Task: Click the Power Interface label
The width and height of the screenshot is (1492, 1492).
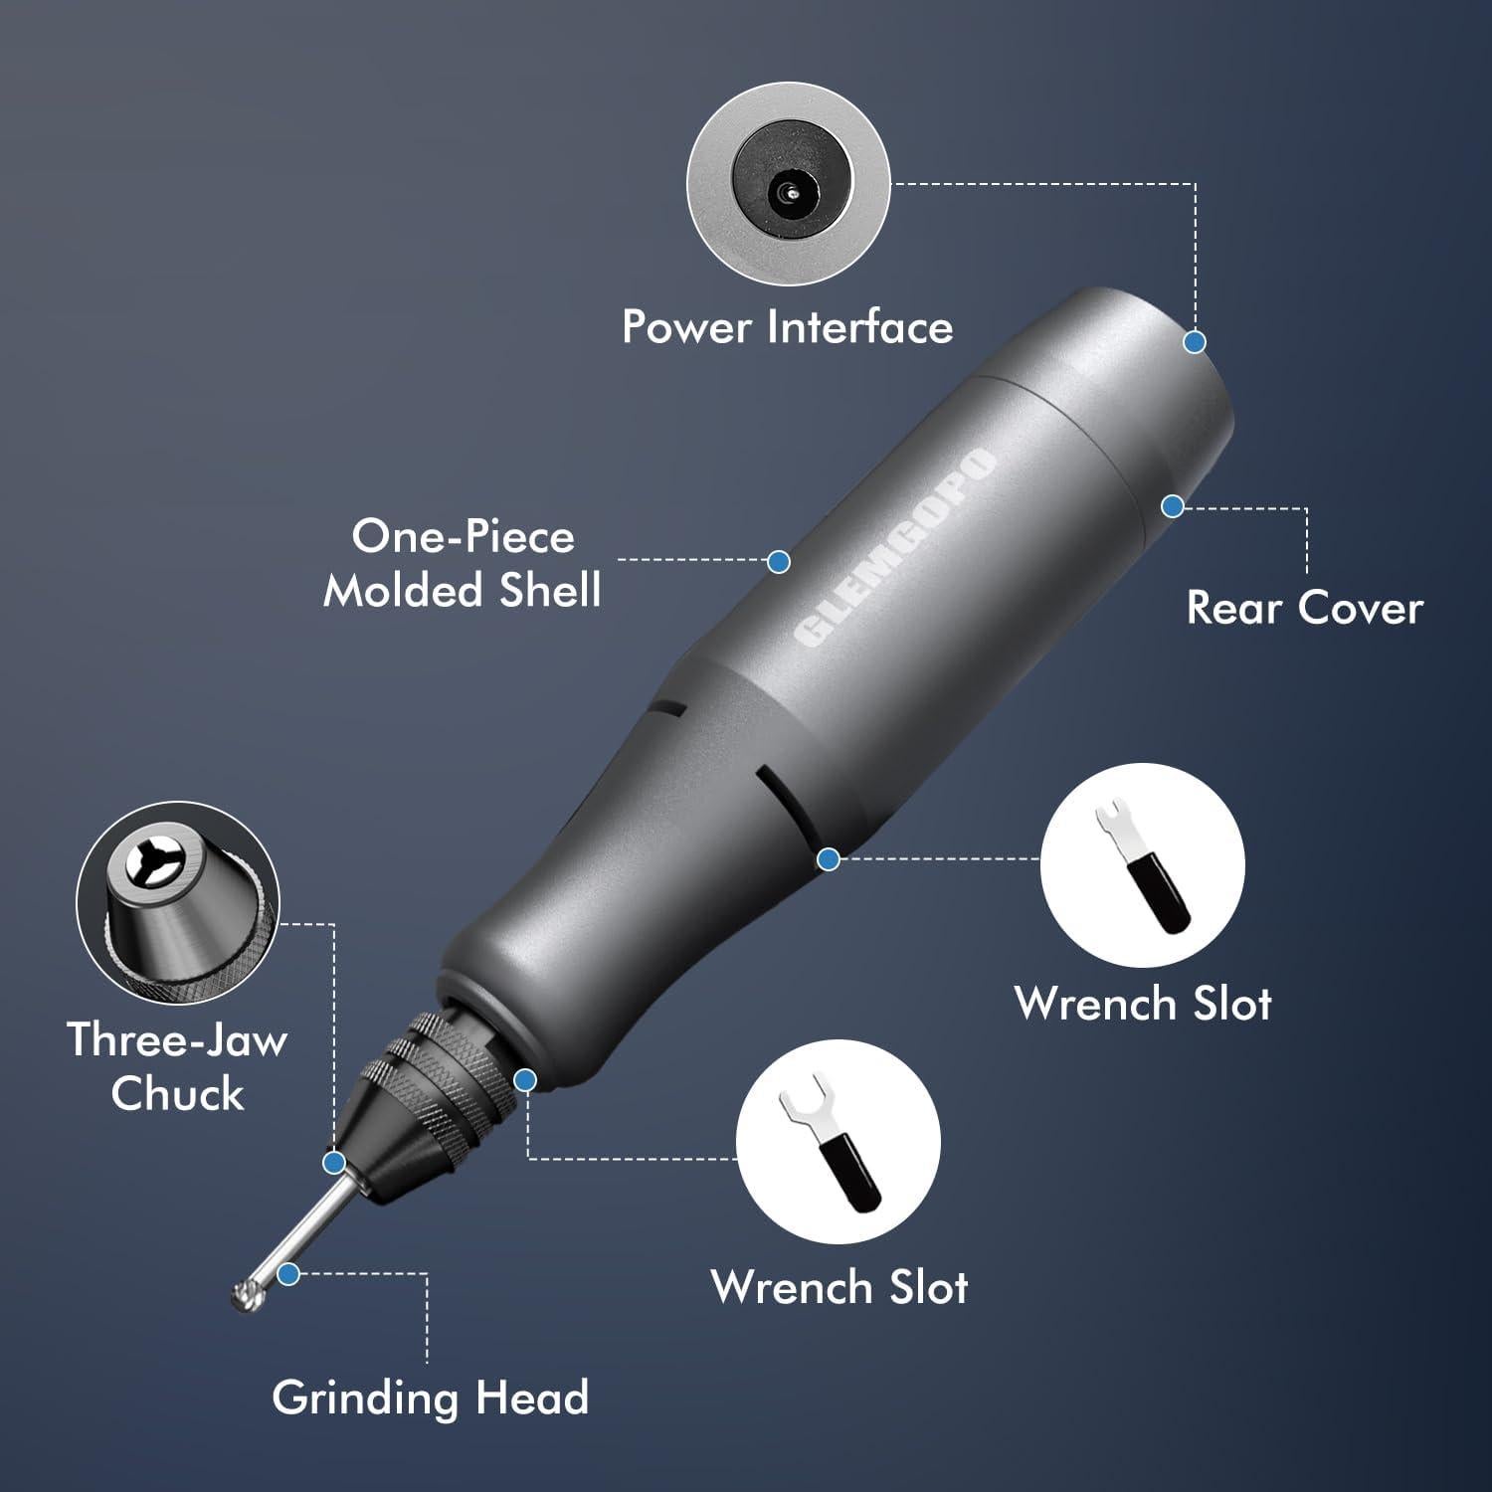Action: click(x=787, y=327)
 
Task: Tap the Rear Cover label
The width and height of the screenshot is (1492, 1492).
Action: click(x=1304, y=608)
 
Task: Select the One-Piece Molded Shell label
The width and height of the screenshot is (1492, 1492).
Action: click(x=463, y=563)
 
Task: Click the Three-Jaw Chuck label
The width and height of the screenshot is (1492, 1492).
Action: click(x=177, y=1066)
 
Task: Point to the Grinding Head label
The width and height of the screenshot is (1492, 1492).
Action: click(x=430, y=1397)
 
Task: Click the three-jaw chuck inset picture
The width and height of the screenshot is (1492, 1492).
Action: click(x=178, y=903)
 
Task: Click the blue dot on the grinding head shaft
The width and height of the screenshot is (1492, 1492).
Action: click(x=288, y=1273)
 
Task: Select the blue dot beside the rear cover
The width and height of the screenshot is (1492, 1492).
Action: click(x=1173, y=506)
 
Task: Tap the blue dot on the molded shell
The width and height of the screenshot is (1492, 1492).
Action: click(x=779, y=561)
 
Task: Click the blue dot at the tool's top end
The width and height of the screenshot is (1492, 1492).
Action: click(x=1195, y=342)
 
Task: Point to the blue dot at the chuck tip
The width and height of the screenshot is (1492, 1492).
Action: click(x=334, y=1162)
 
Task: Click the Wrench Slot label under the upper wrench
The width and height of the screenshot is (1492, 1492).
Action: click(x=1143, y=1003)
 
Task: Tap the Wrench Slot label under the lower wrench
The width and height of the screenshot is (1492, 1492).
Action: click(x=839, y=1286)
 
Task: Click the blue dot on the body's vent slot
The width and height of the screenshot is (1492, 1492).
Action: click(x=829, y=857)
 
